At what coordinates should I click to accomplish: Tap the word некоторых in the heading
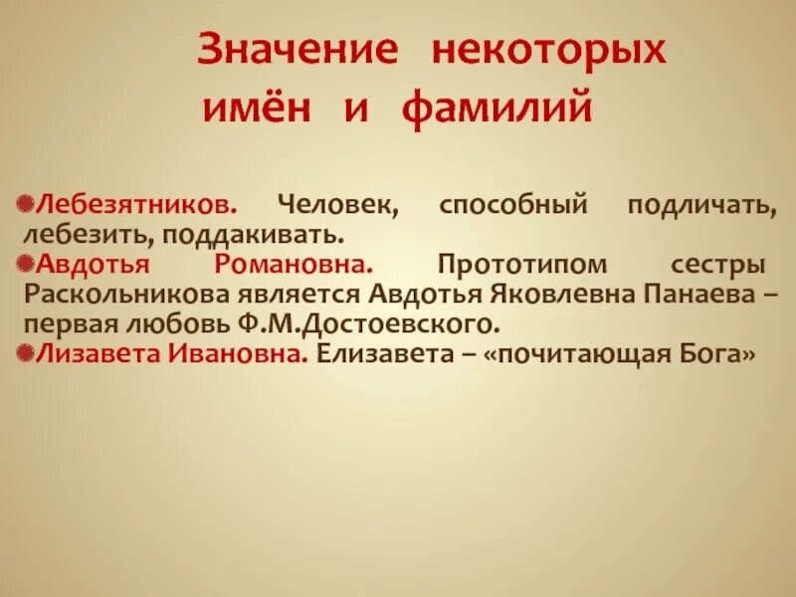tap(547, 51)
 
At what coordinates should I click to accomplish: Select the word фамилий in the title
tap(497, 106)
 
